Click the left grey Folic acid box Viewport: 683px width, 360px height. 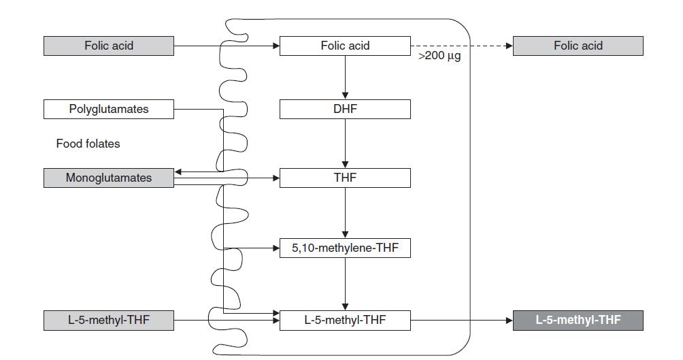coord(109,46)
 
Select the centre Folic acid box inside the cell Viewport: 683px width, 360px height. coord(345,46)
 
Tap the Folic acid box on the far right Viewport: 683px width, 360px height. coord(578,46)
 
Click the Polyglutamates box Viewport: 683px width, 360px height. coord(109,109)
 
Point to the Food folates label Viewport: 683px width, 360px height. coord(88,144)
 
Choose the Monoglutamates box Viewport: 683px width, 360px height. coord(109,178)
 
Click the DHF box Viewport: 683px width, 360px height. coord(345,109)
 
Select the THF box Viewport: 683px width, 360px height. coord(345,178)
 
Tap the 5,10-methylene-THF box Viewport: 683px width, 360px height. coord(345,248)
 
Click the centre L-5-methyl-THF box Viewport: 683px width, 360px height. coord(345,320)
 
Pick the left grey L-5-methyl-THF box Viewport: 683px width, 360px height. coord(109,320)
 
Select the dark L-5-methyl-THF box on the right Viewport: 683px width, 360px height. coord(578,320)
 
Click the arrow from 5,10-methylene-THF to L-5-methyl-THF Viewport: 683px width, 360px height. coord(345,284)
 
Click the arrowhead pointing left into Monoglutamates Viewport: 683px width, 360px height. coord(178,172)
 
